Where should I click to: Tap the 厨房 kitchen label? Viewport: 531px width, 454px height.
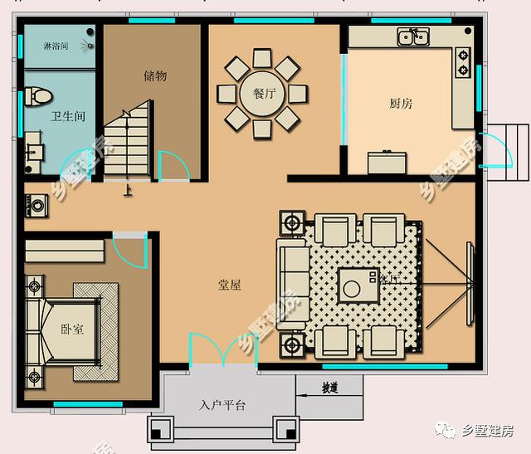(x=401, y=104)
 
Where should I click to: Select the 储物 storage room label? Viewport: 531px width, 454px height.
(x=155, y=76)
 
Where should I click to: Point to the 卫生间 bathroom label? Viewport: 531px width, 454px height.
(x=67, y=117)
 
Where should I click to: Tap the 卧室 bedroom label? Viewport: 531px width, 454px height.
(x=72, y=330)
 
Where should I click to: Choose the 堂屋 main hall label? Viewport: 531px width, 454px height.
(x=230, y=285)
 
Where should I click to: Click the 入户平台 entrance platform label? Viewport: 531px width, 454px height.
(x=223, y=406)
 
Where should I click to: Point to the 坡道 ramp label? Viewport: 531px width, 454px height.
(x=329, y=388)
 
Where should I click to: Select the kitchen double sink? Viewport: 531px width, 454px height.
(x=412, y=37)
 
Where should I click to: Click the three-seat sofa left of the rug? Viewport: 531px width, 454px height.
(x=291, y=281)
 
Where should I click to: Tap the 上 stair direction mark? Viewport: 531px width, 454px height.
(x=128, y=190)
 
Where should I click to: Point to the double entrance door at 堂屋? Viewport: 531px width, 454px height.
(x=223, y=351)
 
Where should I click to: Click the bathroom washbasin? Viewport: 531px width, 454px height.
(x=37, y=149)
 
